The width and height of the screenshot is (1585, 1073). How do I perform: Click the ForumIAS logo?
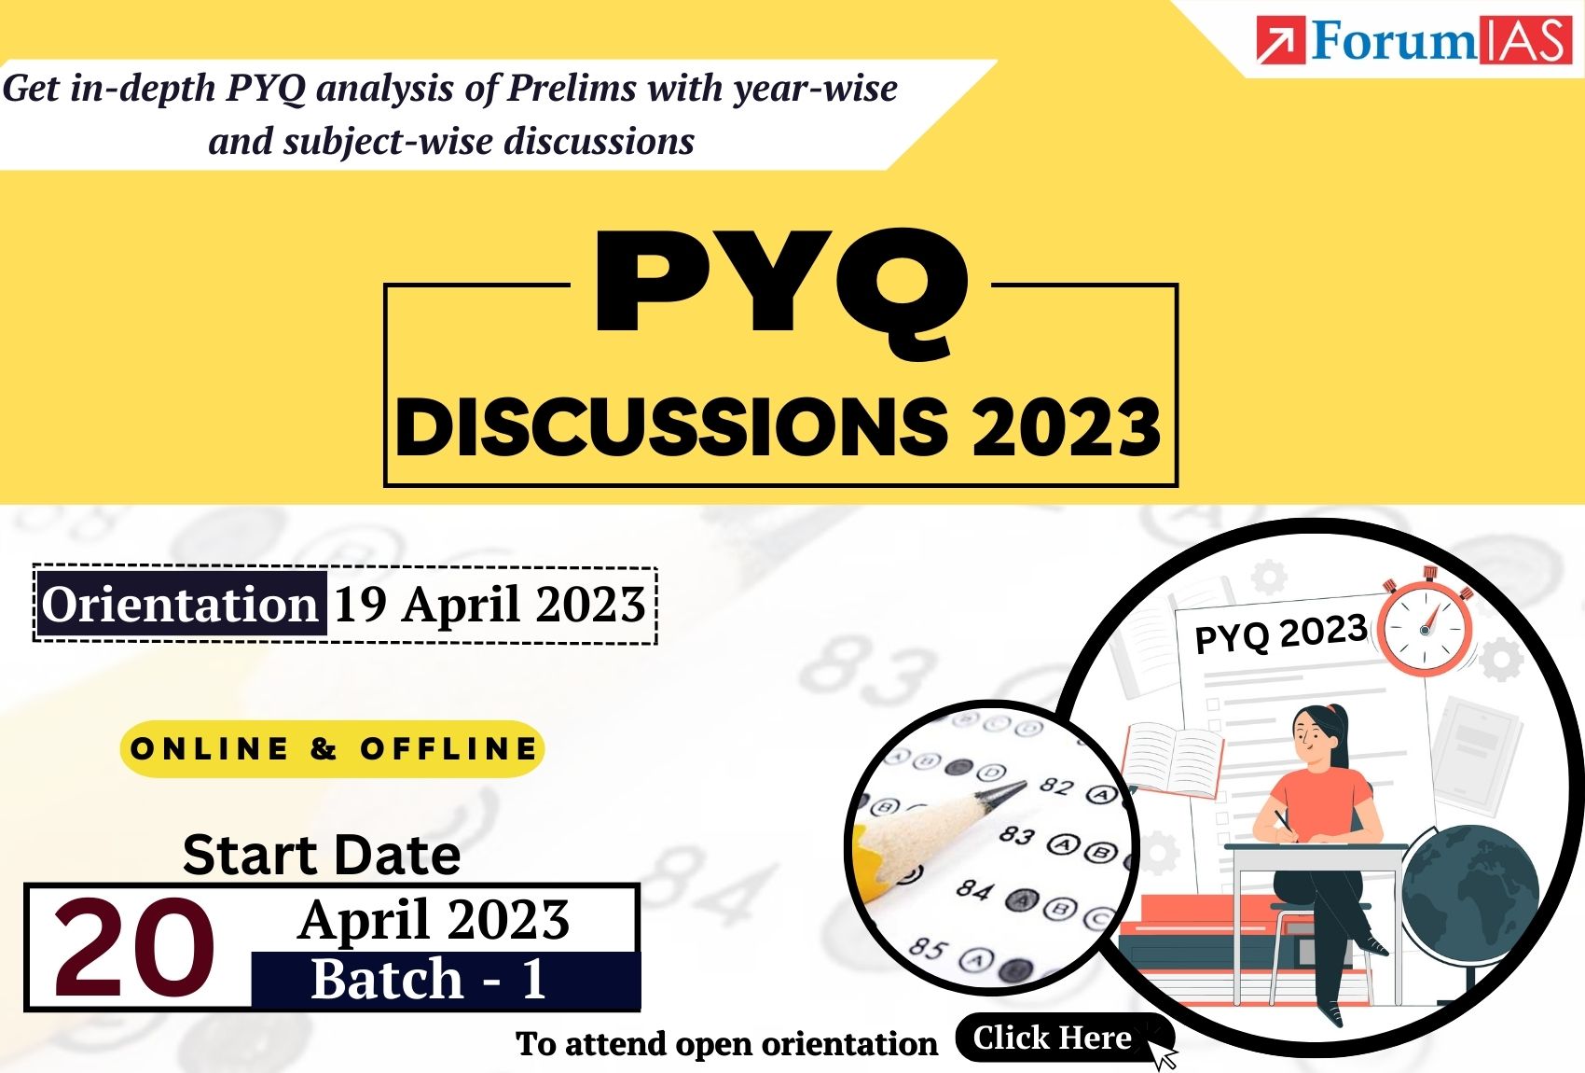tap(1413, 40)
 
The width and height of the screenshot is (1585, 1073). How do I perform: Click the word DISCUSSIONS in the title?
tap(671, 427)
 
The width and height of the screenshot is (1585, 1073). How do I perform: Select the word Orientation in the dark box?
tap(180, 605)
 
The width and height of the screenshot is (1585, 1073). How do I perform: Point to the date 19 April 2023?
tap(489, 605)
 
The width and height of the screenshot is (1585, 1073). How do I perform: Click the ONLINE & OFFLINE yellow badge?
tap(333, 748)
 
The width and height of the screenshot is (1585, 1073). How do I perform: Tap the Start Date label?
tap(322, 855)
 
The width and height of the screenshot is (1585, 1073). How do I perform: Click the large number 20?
tap(134, 948)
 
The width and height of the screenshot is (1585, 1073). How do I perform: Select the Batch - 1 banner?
tap(446, 981)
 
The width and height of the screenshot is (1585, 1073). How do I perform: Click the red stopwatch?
tap(1426, 627)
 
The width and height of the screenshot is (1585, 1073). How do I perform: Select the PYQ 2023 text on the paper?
tap(1281, 634)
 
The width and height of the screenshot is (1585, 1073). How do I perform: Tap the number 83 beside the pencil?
tap(1017, 835)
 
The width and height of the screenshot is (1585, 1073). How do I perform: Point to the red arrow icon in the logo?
tap(1281, 40)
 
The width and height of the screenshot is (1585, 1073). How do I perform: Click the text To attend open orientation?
tap(726, 1044)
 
